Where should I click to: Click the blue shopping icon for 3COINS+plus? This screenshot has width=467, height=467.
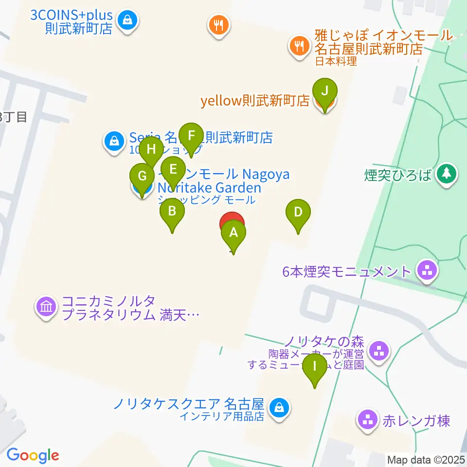[127, 21]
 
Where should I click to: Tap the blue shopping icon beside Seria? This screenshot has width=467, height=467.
[113, 142]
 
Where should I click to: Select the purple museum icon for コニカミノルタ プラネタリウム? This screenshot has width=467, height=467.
[46, 307]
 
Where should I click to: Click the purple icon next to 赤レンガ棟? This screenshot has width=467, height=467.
[367, 419]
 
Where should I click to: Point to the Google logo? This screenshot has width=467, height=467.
[32, 455]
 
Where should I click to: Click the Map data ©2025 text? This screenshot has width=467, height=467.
[426, 460]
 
